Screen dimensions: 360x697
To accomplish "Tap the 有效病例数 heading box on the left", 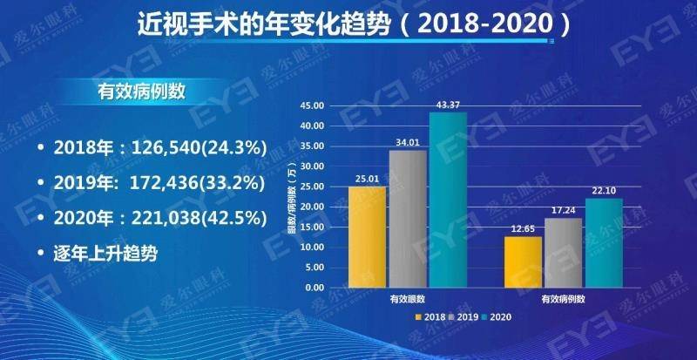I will (x=137, y=92).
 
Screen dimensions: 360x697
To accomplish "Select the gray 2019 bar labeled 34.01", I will (x=407, y=219).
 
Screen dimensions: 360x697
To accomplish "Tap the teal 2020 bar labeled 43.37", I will (x=448, y=200).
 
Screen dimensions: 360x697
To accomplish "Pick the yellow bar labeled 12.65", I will (x=523, y=262).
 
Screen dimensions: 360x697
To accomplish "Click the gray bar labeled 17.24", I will (x=563, y=253).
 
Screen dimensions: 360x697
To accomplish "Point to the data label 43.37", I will (x=449, y=105).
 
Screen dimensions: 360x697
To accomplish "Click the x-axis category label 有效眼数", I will (x=407, y=299).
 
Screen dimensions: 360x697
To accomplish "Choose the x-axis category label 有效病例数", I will (x=563, y=299).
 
